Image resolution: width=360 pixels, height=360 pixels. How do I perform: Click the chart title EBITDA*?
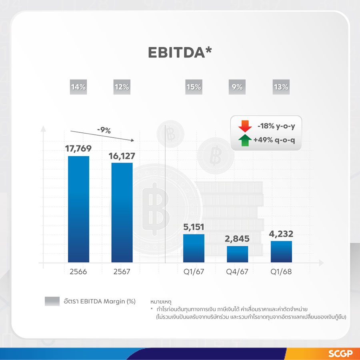coord(180,52)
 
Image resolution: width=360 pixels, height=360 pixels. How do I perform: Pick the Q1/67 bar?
coord(194,248)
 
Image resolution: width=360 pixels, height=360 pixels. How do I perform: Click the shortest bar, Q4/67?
coord(237,254)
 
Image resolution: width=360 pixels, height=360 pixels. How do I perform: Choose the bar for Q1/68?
coord(281,252)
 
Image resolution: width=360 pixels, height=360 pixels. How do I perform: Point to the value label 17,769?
coord(78,148)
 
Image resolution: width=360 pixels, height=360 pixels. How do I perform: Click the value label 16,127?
coord(122,155)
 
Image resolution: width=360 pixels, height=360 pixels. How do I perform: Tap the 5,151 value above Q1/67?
coord(194,227)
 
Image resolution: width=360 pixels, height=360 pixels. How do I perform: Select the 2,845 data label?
coord(237,239)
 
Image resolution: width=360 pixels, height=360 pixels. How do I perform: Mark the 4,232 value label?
coord(281,234)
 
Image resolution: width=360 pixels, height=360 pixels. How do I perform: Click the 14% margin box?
coord(78,87)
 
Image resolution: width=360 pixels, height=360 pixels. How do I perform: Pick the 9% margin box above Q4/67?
coord(237,87)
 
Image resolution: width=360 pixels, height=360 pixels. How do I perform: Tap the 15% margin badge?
coord(194,87)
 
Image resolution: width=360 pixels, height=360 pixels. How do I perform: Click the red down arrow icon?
coord(244,127)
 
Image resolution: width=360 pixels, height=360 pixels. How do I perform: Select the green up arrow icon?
coord(244,141)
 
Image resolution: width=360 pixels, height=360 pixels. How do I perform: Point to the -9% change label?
coord(104,130)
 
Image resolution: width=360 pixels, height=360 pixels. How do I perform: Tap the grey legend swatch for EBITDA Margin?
coord(52,301)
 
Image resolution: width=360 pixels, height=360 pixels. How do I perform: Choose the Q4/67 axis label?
coord(237,272)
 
